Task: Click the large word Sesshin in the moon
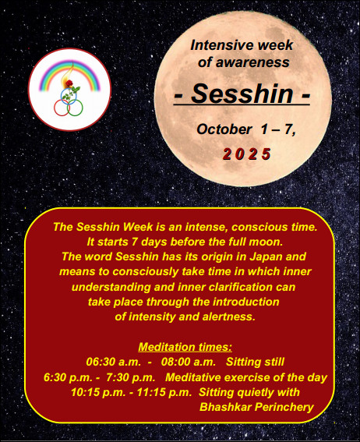pyautogui.click(x=242, y=94)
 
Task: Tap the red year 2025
pyautogui.click(x=247, y=154)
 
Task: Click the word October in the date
pyautogui.click(x=224, y=129)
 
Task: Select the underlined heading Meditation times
pyautogui.click(x=185, y=347)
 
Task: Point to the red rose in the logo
pyautogui.click(x=69, y=83)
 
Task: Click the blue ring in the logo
pyautogui.click(x=69, y=96)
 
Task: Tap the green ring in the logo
pyautogui.click(x=75, y=108)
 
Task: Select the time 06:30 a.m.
pyautogui.click(x=113, y=362)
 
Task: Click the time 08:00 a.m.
pyautogui.click(x=188, y=362)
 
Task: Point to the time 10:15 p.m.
pyautogui.click(x=98, y=392)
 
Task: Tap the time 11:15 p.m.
pyautogui.click(x=164, y=392)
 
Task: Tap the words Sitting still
pyautogui.click(x=255, y=362)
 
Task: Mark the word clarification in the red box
pyautogui.click(x=240, y=287)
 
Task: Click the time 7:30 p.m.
pyautogui.click(x=131, y=377)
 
